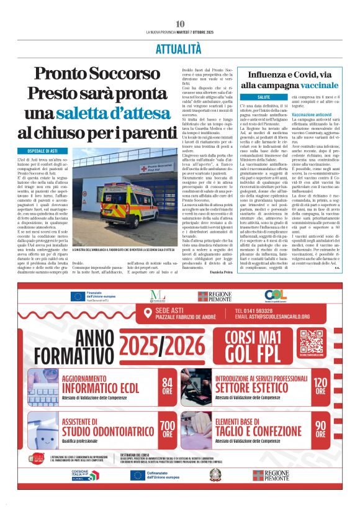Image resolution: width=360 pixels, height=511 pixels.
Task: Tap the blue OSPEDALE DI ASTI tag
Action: [50, 151]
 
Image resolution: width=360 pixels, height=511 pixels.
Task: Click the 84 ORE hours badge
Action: [168, 386]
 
